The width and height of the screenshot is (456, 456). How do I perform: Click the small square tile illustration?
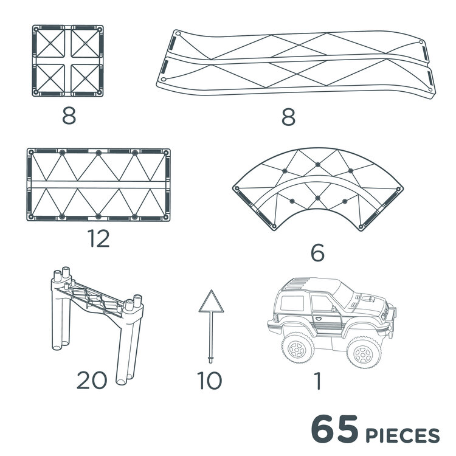[x=68, y=61]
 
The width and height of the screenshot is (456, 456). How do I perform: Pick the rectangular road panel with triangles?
[x=98, y=184]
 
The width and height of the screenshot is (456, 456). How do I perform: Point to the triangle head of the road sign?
[x=210, y=303]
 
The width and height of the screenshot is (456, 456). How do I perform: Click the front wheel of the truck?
[x=363, y=351]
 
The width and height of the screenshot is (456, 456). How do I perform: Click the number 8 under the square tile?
[x=69, y=116]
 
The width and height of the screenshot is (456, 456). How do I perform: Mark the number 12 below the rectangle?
[x=98, y=239]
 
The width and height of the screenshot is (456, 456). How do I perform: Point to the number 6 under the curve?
[x=317, y=252]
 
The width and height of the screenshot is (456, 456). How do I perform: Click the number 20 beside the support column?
[x=92, y=381]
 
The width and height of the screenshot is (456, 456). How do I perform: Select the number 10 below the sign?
[x=210, y=381]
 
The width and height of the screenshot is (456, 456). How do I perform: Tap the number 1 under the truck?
[x=317, y=381]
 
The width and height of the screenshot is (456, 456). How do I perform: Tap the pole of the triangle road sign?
[x=210, y=334]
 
